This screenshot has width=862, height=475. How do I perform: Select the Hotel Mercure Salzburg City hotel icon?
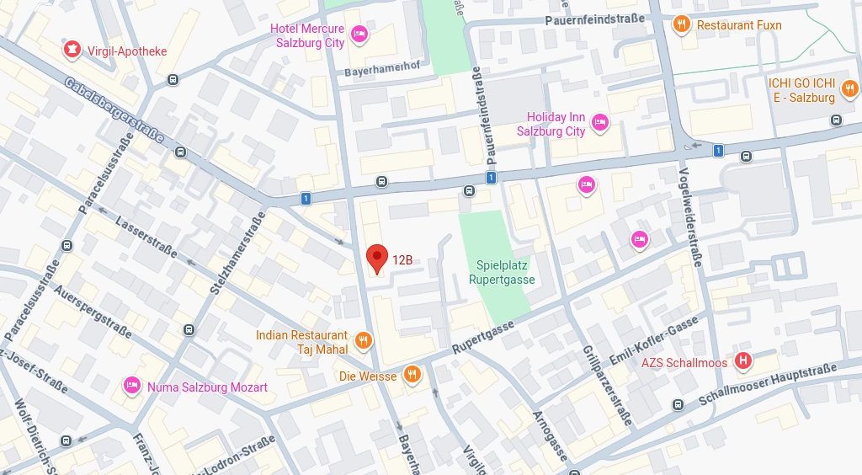click(x=359, y=34)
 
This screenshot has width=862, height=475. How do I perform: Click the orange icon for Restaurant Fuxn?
click(x=683, y=24)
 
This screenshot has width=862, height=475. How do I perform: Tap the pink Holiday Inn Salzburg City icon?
click(x=600, y=123)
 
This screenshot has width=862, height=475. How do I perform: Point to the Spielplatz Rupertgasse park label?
click(x=501, y=272)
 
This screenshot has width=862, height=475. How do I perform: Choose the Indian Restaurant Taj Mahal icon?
click(x=363, y=340)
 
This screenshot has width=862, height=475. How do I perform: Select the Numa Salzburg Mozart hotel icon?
click(x=131, y=386)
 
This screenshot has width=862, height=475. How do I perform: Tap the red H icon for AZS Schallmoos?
click(x=742, y=361)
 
